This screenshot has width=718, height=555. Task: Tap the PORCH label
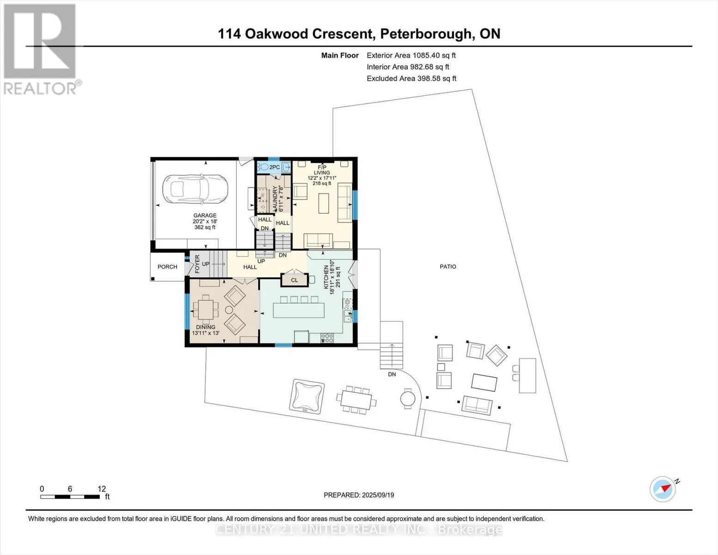point(167,267)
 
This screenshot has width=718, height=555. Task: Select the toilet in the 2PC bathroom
point(263,167)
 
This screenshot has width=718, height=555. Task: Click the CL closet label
point(295,280)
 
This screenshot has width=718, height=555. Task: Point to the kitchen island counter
point(299,310)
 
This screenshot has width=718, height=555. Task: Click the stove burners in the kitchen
point(327,338)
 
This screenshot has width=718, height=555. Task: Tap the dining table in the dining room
point(206,310)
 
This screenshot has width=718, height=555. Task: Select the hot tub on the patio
point(307,396)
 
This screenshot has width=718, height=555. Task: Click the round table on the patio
point(408,399)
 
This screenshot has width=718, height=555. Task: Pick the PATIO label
point(448,266)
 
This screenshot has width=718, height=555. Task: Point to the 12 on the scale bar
point(102,488)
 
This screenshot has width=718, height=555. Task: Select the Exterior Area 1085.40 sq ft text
point(411,55)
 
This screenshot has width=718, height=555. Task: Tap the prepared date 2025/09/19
point(378,495)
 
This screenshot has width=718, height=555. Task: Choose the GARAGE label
point(205,215)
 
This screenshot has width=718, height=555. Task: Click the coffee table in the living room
point(324,203)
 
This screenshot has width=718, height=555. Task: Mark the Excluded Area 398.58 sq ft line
point(411,78)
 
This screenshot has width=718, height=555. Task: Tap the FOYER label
point(197,264)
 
